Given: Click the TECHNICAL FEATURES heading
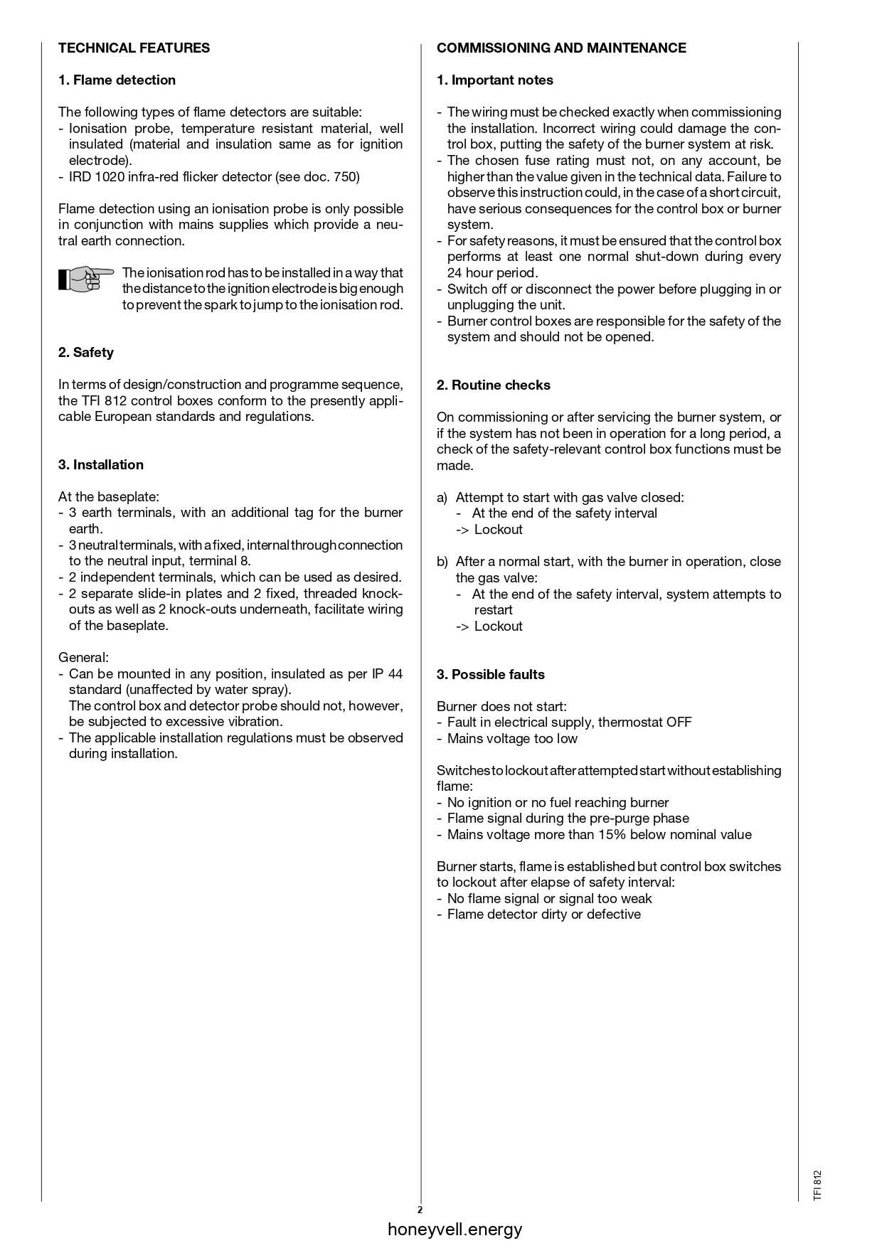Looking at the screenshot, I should [134, 48].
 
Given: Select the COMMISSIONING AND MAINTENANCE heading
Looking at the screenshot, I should [561, 48].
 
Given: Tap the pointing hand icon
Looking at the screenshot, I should [85, 278].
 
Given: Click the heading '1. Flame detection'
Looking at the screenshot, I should [117, 80].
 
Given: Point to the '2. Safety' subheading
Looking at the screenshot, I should [85, 353].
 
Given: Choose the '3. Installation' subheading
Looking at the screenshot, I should [100, 465].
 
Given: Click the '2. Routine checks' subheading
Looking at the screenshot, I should [493, 385].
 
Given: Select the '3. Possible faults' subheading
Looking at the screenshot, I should [490, 675].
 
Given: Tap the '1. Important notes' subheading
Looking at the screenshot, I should [494, 80].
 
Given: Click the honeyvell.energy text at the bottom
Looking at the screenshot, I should [455, 1229].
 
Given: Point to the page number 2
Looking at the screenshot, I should [420, 1210].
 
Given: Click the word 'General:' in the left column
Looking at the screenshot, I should [83, 658].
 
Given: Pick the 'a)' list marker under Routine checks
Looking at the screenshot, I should [442, 498].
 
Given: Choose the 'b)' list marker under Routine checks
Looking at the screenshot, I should [442, 562].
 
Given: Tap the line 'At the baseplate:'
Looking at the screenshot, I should [109, 497].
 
